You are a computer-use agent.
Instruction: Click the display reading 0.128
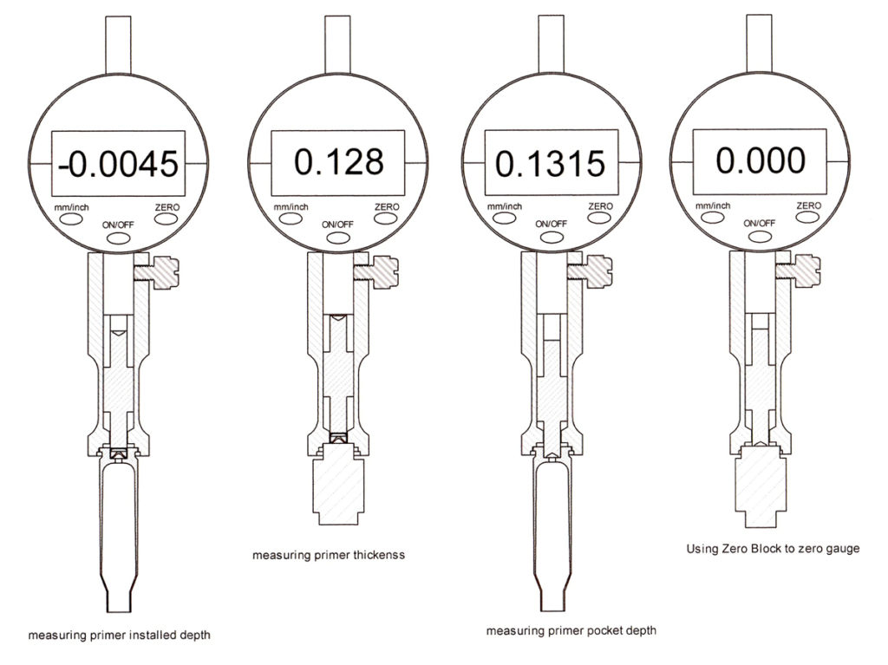click(x=338, y=162)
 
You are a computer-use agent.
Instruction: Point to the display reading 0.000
click(x=761, y=160)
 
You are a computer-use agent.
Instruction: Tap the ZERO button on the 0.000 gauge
click(x=808, y=218)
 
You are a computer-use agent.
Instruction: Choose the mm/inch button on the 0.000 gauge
click(x=713, y=218)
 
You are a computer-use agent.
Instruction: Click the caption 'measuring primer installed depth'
click(x=119, y=635)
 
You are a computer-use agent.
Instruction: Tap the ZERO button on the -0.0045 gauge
click(x=168, y=218)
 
